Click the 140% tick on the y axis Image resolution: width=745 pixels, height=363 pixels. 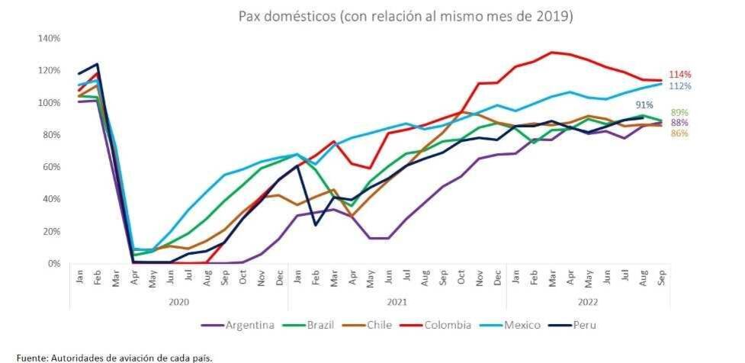tap(50, 38)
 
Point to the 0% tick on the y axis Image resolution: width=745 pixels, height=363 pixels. tap(55, 264)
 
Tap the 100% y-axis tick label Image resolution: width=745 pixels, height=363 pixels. tap(50, 103)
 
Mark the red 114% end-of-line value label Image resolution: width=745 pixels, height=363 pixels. tap(680, 75)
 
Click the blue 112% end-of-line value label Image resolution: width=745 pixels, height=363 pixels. tap(680, 86)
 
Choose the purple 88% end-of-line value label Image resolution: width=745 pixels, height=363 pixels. tap(680, 123)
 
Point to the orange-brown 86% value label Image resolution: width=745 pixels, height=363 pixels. tap(680, 133)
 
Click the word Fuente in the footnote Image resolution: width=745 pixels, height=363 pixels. tap(31, 357)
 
